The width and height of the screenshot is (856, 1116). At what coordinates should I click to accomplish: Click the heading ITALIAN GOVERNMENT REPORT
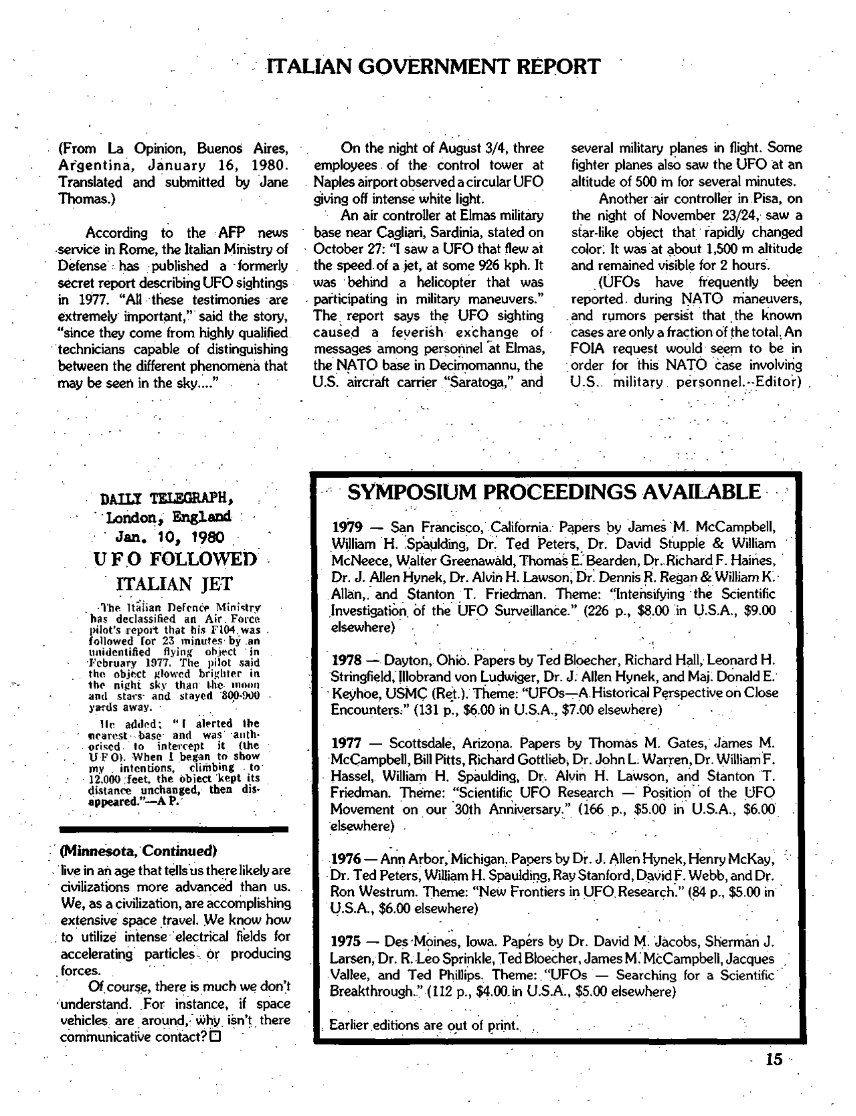point(434,67)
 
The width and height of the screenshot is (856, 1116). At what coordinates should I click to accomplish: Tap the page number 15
point(773,1059)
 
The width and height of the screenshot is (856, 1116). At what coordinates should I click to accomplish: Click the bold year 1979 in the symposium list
point(347,527)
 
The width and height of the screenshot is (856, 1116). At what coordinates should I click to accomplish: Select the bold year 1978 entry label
point(347,661)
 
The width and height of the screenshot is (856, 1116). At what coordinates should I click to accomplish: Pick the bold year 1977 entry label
point(346,743)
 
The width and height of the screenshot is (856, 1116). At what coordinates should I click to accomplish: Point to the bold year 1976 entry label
point(346,859)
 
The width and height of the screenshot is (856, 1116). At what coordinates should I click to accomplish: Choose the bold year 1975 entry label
point(346,941)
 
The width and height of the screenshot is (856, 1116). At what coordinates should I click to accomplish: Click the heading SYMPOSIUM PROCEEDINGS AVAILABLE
point(553,492)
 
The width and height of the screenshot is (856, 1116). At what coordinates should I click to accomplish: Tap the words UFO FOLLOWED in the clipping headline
point(176,559)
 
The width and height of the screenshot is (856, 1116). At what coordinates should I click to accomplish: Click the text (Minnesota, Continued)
point(138,851)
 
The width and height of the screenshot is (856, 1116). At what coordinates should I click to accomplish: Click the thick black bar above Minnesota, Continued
point(174,829)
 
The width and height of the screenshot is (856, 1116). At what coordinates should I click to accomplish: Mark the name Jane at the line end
point(273,183)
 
